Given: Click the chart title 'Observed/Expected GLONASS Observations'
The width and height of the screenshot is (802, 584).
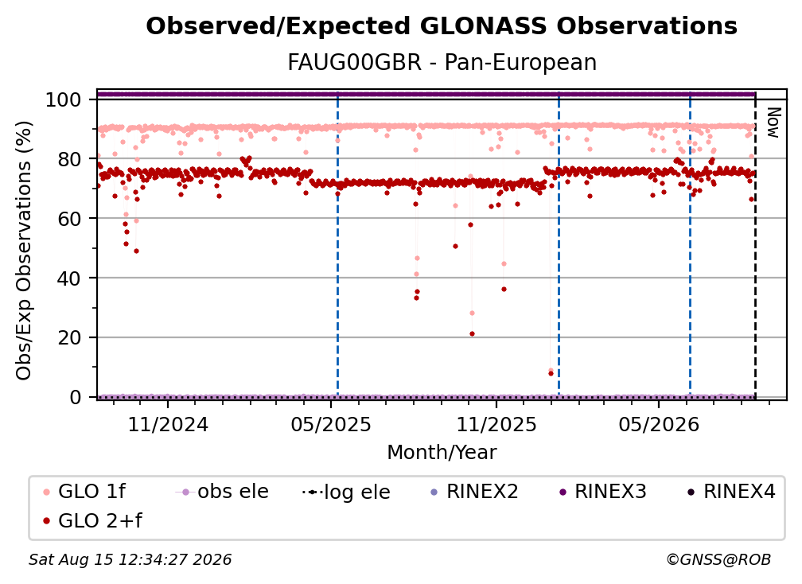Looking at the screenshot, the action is coord(442,26).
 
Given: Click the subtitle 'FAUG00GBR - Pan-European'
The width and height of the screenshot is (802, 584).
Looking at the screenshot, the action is coord(442,62).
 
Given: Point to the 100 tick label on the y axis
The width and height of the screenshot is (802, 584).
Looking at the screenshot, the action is coord(64,99).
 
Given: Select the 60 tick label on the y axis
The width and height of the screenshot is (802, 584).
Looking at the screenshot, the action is coord(69,219).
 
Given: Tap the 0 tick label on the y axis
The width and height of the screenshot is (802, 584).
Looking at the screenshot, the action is coord(76,397).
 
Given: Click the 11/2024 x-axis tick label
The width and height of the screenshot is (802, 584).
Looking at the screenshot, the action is coord(169,424).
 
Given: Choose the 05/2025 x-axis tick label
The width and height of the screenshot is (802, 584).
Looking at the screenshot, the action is coord(331,424).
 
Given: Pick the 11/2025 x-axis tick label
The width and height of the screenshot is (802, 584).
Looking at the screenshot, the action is coord(496,424).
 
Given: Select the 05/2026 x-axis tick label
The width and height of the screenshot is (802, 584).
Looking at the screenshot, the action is coord(659,424).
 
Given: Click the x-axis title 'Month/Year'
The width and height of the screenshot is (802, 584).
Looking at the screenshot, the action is coord(442,453).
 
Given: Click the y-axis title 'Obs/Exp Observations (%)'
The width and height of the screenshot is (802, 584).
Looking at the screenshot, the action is coord(24,251).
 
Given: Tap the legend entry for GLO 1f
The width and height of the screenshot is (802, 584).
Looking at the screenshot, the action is coord(84,492).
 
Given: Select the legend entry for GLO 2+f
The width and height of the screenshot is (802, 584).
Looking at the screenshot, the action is coord(92,521).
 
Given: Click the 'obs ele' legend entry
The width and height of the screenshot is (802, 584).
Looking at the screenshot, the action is coord(222,492).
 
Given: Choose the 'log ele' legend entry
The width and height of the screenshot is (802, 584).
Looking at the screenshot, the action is coord(346,493).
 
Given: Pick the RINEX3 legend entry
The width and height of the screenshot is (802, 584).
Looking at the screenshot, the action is coord(603,492).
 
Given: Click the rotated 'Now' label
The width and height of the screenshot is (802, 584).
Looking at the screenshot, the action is coord(773,123).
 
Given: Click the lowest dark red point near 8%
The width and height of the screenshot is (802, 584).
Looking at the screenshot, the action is coord(551,374).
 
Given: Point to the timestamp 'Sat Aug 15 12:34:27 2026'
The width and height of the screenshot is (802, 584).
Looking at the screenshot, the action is coord(130,560).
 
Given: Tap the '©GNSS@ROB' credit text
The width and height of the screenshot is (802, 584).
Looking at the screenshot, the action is coord(718,560).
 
